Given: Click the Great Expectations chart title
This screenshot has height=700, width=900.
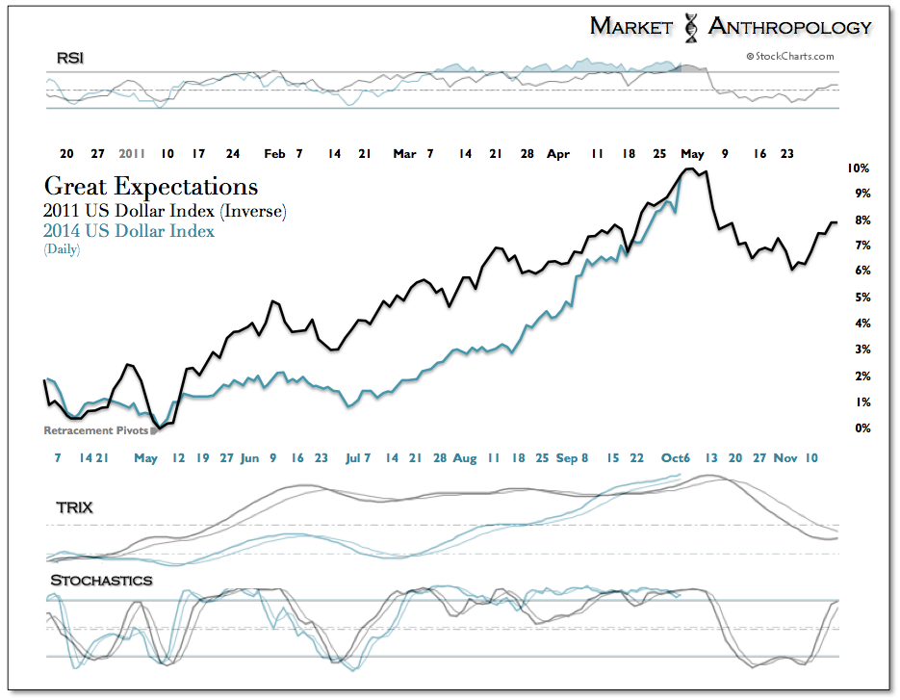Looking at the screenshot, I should tap(151, 187).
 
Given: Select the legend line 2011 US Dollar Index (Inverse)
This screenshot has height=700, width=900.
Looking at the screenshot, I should tap(165, 211).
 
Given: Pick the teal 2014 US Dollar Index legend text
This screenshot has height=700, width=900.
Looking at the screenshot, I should tap(129, 231).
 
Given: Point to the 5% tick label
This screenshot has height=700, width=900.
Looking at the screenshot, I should tap(856, 298).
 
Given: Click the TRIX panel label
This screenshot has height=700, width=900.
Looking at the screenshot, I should tap(74, 506).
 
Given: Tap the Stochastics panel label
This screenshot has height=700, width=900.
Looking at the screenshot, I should tap(101, 580).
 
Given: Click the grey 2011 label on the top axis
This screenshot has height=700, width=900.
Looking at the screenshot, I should tap(132, 153).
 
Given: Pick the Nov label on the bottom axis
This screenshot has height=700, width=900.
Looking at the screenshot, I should tap(786, 458).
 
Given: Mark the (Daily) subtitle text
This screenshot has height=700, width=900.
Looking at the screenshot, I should tap(62, 249).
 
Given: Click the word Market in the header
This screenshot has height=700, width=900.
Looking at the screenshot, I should tap(630, 26).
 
